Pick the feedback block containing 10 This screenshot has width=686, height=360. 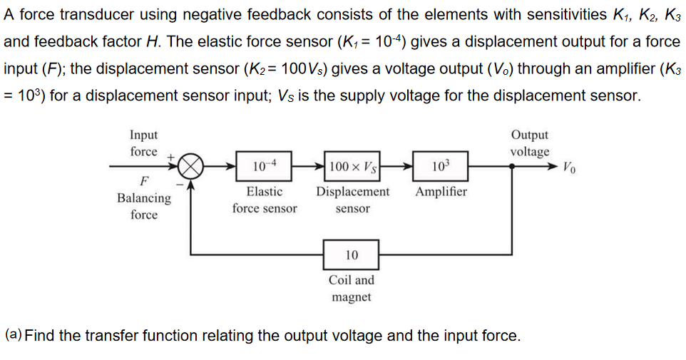tap(352, 254)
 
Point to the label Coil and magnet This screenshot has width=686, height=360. tap(352, 289)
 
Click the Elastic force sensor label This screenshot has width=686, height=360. tap(265, 200)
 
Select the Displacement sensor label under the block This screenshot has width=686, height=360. tap(353, 200)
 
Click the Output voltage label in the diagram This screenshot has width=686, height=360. tap(530, 143)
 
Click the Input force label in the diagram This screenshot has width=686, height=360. tap(144, 143)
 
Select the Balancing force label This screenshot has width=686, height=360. tap(144, 206)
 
